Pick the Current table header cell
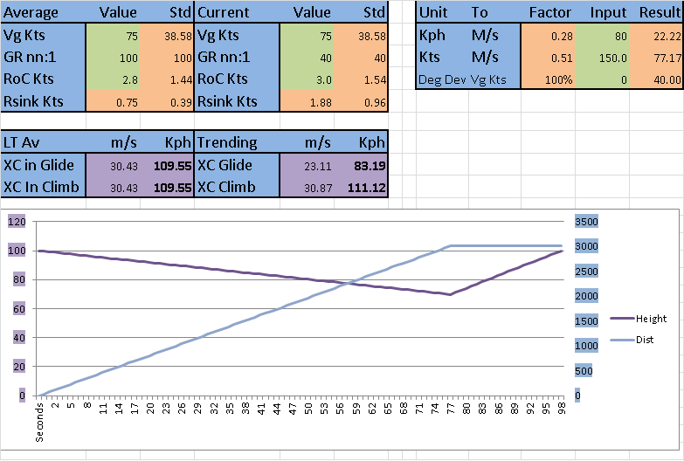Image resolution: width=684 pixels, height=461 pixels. (x=224, y=12)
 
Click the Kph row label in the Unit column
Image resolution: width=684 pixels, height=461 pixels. (x=432, y=35)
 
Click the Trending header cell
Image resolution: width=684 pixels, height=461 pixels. (x=227, y=142)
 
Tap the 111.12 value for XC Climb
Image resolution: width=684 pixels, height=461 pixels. (x=365, y=187)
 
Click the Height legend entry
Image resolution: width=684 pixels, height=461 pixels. (x=651, y=320)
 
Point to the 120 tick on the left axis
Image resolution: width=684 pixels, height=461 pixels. (x=17, y=222)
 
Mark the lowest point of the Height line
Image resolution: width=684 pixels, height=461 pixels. (x=450, y=294)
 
